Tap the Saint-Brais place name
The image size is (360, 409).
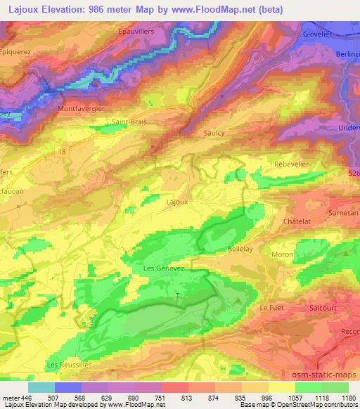point(129,122)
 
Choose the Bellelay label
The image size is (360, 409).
point(240,249)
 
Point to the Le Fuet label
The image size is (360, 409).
point(271,308)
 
